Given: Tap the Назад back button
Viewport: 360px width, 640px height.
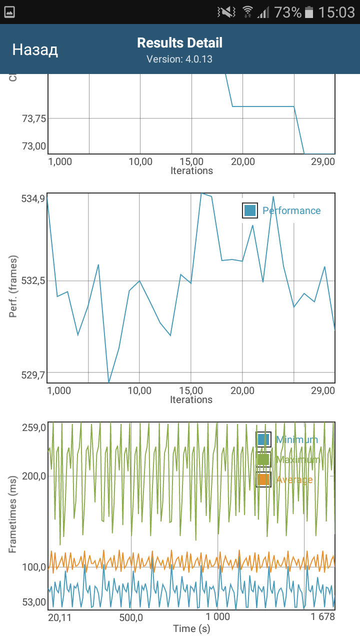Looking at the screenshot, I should pyautogui.click(x=35, y=49).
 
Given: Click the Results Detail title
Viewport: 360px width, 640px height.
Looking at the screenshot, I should pyautogui.click(x=180, y=43).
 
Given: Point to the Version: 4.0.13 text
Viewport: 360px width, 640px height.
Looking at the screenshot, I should pyautogui.click(x=179, y=59).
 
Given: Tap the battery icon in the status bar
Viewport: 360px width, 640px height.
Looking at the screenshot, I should pyautogui.click(x=309, y=12).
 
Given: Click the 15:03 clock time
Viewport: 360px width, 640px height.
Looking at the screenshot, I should pyautogui.click(x=336, y=12).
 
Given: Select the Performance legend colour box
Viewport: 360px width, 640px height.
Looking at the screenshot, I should pyautogui.click(x=250, y=210).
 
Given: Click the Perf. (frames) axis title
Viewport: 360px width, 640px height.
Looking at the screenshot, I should pyautogui.click(x=13, y=286).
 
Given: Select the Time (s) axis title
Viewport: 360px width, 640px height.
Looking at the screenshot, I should pyautogui.click(x=191, y=628).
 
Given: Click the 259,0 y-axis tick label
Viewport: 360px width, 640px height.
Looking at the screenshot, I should pyautogui.click(x=33, y=428).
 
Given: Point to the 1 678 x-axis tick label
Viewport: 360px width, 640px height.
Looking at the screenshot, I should pyautogui.click(x=322, y=617).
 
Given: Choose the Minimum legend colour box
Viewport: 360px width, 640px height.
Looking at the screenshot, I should pyautogui.click(x=263, y=440).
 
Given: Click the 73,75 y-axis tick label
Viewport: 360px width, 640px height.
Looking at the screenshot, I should pyautogui.click(x=33, y=119).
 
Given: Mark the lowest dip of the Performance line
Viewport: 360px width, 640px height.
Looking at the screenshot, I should pyautogui.click(x=108, y=382).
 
